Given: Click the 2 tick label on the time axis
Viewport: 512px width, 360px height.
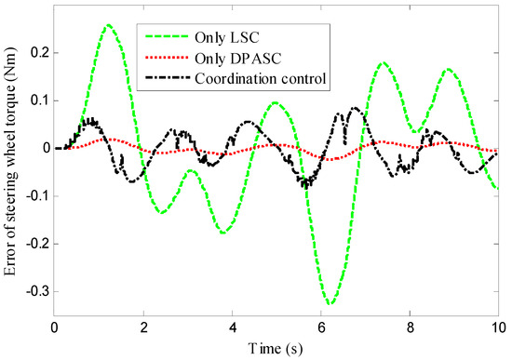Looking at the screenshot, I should [x=143, y=327].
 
